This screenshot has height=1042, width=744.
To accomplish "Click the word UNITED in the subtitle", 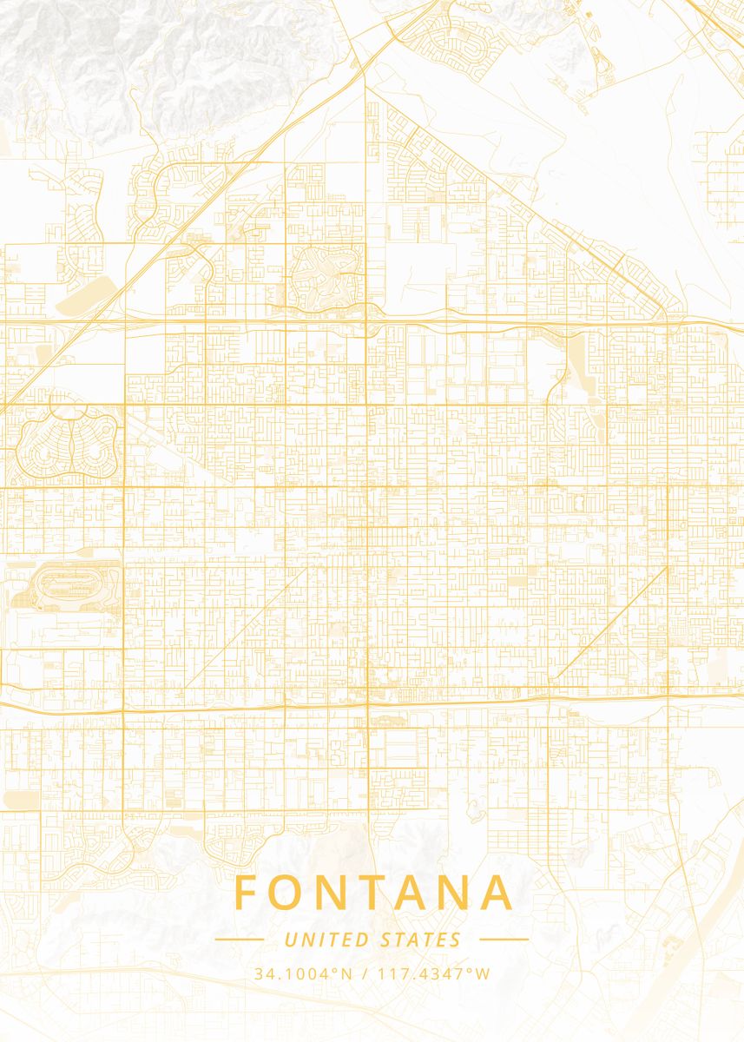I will point(326,940).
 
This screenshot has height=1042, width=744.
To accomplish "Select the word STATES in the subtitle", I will point(421,940).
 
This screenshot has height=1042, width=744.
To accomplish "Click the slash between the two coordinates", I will point(364,973).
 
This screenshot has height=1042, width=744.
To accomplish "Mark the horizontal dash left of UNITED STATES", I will point(239,939).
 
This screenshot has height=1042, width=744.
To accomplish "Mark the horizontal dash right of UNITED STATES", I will point(504,939).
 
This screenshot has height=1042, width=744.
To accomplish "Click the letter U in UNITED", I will point(289,940).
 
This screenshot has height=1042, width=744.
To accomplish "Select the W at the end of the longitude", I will point(484,973).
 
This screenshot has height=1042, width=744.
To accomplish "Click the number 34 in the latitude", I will point(262,973).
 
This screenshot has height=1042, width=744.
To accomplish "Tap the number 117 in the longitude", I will point(388,973).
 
